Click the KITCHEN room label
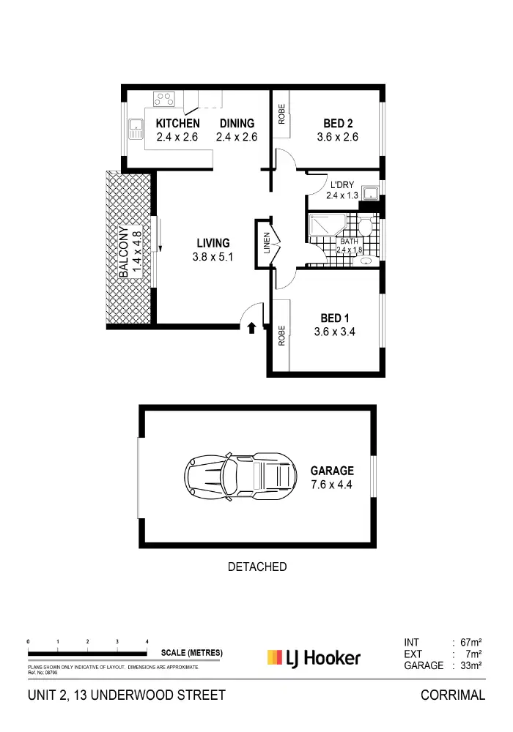pyautogui.click(x=177, y=124)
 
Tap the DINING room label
pyautogui.click(x=235, y=124)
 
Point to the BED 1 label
pyautogui.click(x=336, y=318)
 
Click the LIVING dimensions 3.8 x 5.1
pyautogui.click(x=213, y=257)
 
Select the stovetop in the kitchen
pyautogui.click(x=164, y=98)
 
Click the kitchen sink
pyautogui.click(x=135, y=130)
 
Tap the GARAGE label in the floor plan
pyautogui.click(x=331, y=471)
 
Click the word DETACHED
pyautogui.click(x=256, y=567)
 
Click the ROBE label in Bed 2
pyautogui.click(x=281, y=115)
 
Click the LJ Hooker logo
pyautogui.click(x=314, y=657)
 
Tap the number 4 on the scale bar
pyautogui.click(x=147, y=641)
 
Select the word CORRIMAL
pyautogui.click(x=452, y=695)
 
